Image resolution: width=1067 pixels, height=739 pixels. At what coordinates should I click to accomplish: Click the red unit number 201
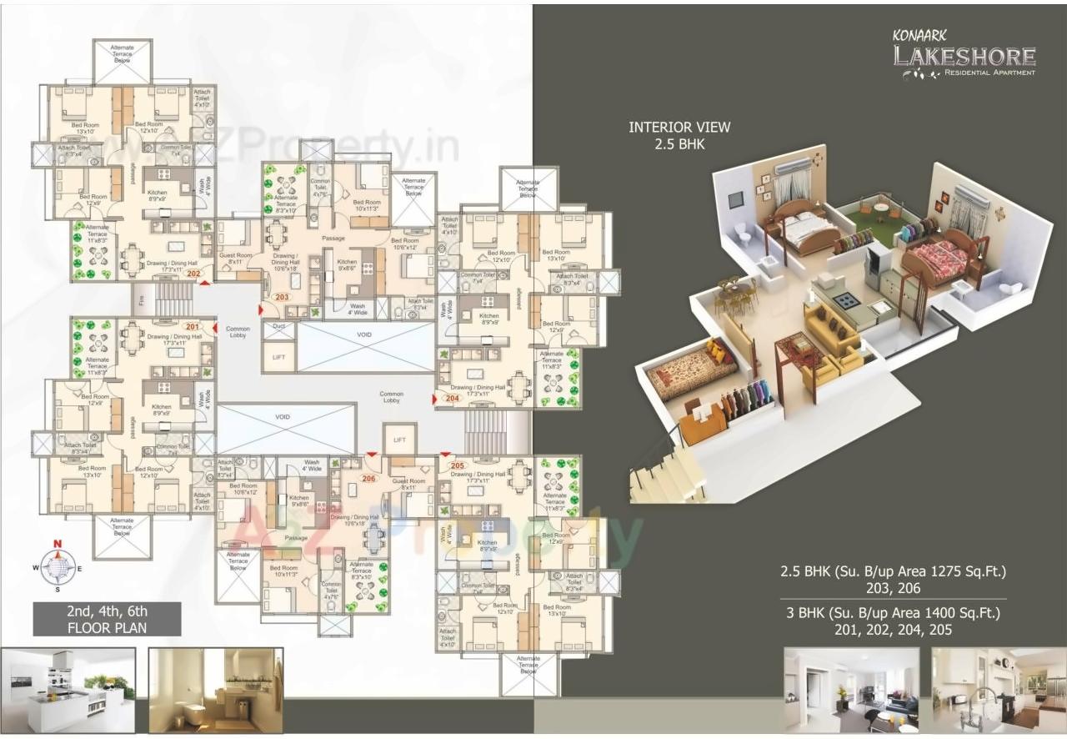pos(192,326)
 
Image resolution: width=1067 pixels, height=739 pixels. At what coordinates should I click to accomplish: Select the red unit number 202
pos(193,273)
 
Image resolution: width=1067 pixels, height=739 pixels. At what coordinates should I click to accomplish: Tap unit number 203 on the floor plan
pos(281,297)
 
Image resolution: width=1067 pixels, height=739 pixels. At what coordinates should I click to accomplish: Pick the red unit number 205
pos(457,465)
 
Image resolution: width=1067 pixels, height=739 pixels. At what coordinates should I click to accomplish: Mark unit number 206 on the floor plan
pos(369,479)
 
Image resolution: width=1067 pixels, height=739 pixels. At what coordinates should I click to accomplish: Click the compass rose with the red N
pos(58,567)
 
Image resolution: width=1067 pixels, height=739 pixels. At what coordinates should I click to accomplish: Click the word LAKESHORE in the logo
pos(964,57)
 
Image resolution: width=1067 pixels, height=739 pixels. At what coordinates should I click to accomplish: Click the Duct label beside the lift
pos(278,328)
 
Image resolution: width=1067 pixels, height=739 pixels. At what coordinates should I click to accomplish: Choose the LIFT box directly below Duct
pos(278,356)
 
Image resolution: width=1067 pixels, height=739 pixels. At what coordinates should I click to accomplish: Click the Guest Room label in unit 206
pos(408,481)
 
